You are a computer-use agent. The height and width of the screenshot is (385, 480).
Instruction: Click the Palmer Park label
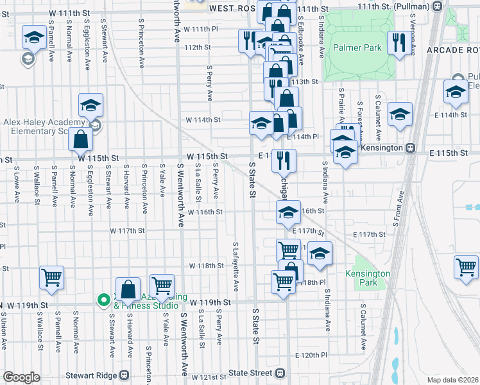click(357, 47)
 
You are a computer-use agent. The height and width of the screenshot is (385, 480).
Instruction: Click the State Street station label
click(247, 372)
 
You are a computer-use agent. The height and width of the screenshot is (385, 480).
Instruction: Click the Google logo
click(22, 377)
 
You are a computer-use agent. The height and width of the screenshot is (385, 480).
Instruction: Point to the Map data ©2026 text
click(452, 380)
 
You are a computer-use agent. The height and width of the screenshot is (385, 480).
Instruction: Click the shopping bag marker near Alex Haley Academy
click(81, 138)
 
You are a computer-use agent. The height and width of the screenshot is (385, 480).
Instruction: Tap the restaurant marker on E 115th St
click(283, 160)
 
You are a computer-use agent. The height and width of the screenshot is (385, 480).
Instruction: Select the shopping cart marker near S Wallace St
click(51, 278)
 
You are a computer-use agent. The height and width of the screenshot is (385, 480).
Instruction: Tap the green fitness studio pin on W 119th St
click(103, 300)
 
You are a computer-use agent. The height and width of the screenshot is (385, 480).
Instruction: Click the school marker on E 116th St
click(288, 212)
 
